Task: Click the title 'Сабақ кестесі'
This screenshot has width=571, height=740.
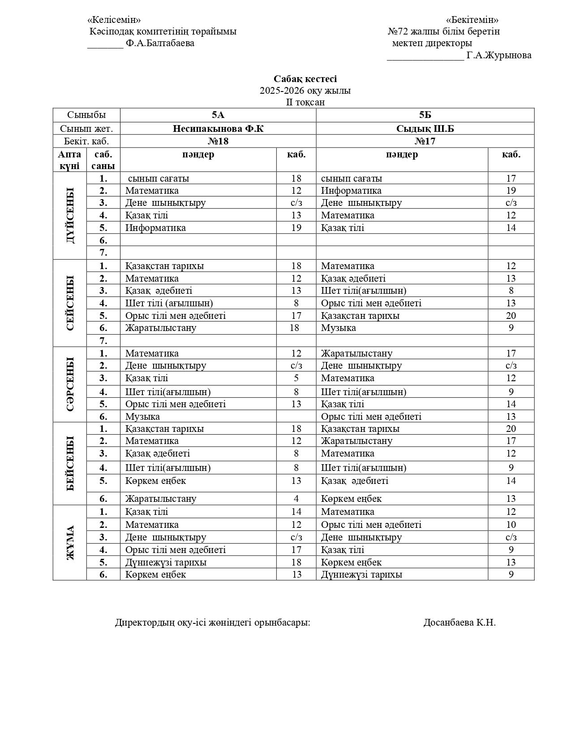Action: click(x=305, y=79)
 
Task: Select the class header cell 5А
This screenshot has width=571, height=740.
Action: click(x=218, y=115)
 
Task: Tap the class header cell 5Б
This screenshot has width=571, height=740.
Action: click(x=425, y=115)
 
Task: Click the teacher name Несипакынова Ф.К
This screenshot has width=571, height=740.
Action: click(x=218, y=129)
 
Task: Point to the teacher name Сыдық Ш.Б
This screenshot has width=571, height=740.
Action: click(x=425, y=129)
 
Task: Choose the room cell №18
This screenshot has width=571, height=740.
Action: click(x=218, y=141)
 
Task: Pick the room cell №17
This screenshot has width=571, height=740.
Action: click(x=425, y=141)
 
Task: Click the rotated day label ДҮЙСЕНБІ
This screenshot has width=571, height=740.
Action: click(x=70, y=215)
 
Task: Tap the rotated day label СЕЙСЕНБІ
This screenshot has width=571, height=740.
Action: click(x=70, y=303)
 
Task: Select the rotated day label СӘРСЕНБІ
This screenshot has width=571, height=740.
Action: click(x=70, y=384)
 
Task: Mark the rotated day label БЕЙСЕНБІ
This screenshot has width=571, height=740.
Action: click(x=70, y=463)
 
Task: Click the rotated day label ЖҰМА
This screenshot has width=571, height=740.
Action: click(x=70, y=543)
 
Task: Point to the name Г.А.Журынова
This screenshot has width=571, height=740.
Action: click(x=499, y=55)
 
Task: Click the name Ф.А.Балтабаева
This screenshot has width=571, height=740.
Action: click(x=160, y=43)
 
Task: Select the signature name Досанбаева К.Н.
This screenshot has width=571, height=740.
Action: click(x=459, y=622)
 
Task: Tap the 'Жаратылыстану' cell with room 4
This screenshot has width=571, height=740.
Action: click(x=161, y=499)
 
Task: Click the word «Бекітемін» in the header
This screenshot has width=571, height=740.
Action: click(x=472, y=20)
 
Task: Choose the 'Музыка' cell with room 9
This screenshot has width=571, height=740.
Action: click(x=339, y=328)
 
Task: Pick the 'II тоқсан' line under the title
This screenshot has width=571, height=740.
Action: click(x=305, y=102)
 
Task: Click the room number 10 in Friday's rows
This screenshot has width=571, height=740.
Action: click(x=511, y=525)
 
